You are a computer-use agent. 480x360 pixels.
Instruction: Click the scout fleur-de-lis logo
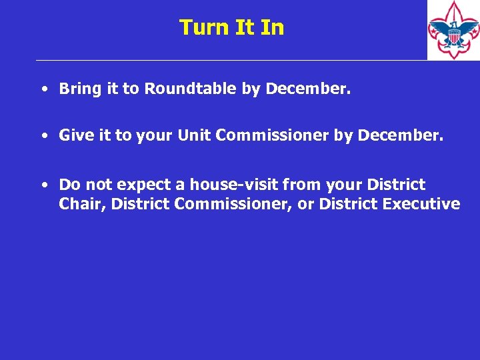pos(453,30)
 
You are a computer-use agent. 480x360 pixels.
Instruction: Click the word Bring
pos(80,89)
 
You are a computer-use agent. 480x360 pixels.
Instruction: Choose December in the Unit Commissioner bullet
pos(399,135)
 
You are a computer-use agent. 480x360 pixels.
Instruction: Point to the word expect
pos(141,185)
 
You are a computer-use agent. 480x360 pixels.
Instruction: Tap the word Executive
pos(421,204)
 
